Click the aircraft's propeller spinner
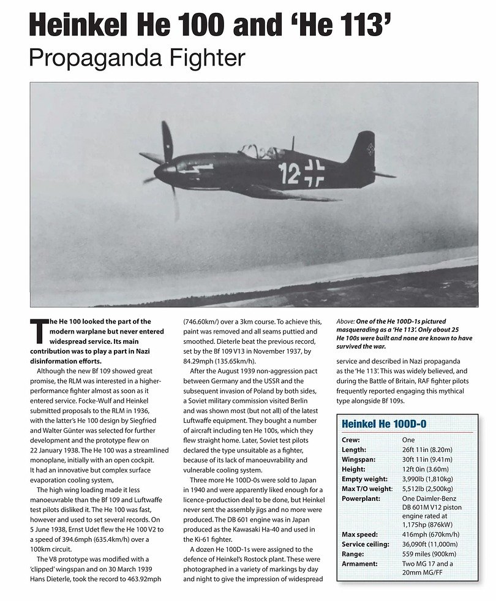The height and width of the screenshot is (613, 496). (x=161, y=170)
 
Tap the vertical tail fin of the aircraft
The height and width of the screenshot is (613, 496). (x=361, y=150)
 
